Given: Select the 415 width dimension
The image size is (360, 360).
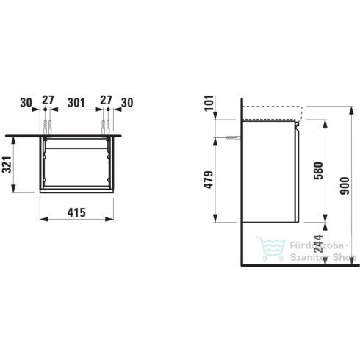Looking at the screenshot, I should pos(76,212).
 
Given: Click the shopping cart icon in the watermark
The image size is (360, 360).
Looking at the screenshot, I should pos(270,249).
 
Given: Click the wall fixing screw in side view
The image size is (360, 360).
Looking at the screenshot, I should pos(233,137).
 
